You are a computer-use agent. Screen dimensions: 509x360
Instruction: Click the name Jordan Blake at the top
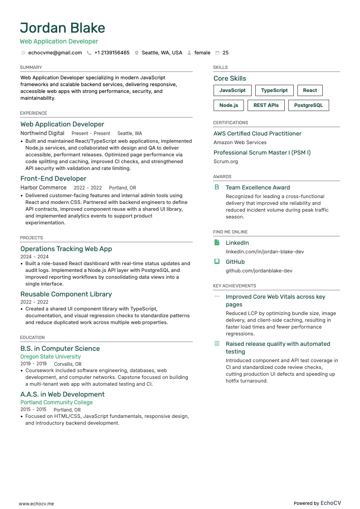point(63,28)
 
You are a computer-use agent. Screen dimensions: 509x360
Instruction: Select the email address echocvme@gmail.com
point(55,53)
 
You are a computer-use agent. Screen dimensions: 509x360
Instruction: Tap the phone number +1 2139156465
point(112,53)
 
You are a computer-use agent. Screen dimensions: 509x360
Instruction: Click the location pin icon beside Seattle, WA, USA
point(136,53)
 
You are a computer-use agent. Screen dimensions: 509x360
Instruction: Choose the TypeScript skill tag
point(274,90)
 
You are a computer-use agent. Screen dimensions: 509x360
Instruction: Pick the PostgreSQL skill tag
point(308,105)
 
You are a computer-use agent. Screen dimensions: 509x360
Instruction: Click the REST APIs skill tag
point(266,105)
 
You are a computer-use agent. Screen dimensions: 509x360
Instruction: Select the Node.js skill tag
point(229,105)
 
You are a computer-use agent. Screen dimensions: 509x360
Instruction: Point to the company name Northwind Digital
point(42,133)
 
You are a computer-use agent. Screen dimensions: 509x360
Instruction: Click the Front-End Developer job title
point(53,179)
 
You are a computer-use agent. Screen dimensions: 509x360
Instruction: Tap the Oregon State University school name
point(50,357)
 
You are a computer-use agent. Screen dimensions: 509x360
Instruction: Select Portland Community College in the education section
point(56,402)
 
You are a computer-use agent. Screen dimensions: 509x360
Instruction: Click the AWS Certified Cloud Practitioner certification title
point(257,134)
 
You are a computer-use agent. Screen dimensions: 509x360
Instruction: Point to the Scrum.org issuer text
point(226,161)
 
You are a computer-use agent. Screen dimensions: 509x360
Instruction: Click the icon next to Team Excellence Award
point(217,187)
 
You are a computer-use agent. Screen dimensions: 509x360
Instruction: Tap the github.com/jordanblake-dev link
point(259,271)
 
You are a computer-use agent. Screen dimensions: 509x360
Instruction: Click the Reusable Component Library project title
point(66,294)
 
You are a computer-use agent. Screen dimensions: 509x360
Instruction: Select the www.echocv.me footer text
point(36,504)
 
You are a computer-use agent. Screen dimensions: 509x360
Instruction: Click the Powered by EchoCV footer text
point(317,503)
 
